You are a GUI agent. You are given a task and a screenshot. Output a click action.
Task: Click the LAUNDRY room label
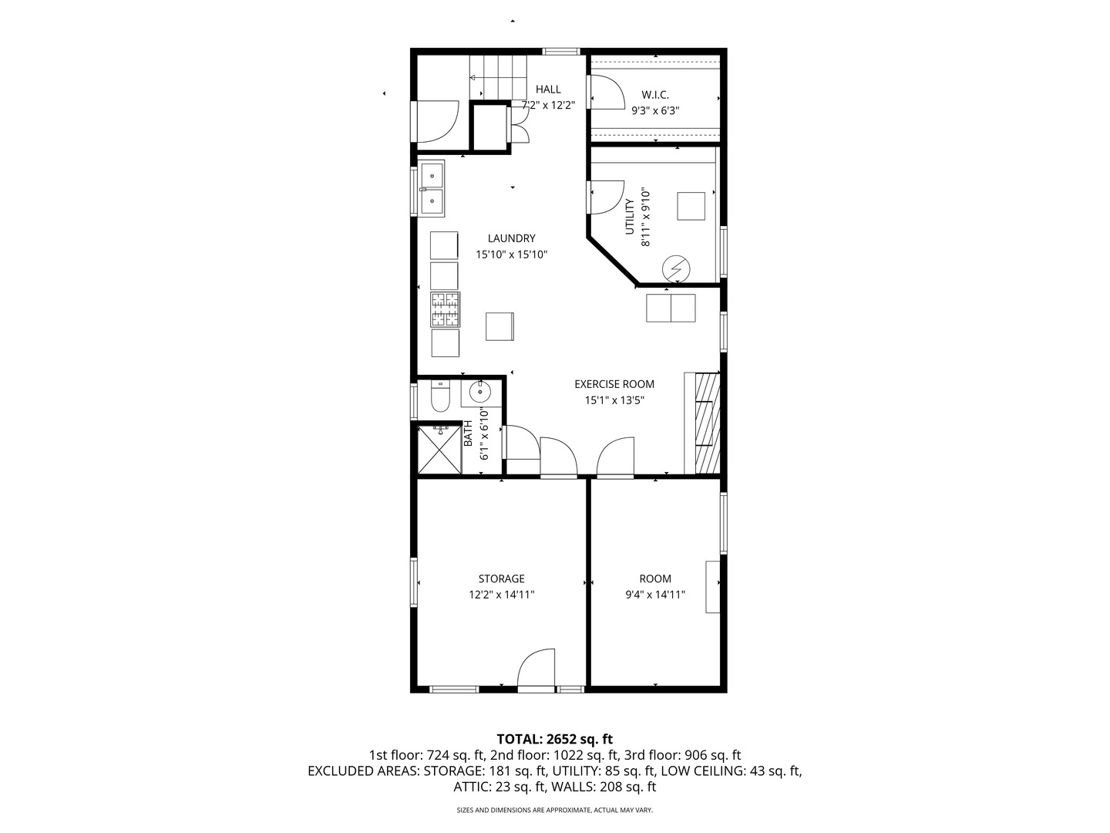point(511,238)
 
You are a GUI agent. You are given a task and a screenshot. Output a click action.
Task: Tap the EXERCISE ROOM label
point(614,384)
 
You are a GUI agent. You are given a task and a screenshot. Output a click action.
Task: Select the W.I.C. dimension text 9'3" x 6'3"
point(655,110)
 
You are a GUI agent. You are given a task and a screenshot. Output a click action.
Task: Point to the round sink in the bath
point(482,392)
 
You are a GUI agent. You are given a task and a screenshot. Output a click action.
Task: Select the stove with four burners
point(445,310)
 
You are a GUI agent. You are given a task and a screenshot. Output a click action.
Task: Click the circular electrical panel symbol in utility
point(677,268)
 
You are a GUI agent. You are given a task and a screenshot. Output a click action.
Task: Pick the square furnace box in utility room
point(691,206)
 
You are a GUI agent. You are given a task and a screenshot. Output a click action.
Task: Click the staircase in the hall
point(499,76)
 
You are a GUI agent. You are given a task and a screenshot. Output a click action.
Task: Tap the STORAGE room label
point(501,578)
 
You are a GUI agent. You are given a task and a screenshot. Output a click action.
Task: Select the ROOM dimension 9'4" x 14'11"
point(655,595)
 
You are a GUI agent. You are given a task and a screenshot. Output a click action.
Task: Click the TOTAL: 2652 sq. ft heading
point(554,739)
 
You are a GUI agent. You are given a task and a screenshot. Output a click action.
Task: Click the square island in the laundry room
point(499,326)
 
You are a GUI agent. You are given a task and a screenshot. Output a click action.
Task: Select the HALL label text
point(548,89)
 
